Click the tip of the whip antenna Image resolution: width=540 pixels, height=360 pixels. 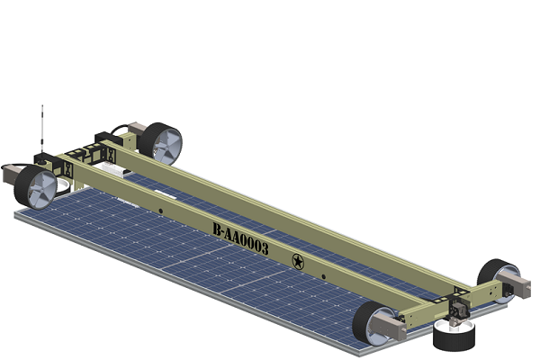point(41,106)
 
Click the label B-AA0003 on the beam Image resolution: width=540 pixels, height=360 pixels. point(240,239)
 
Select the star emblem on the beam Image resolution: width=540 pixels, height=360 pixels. point(297,262)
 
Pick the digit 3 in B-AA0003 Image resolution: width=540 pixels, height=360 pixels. point(264,248)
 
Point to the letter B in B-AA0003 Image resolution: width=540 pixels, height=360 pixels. point(217,229)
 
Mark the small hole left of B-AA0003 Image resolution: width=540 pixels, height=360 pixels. point(160,212)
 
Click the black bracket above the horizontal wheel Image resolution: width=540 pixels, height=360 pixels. point(457,310)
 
